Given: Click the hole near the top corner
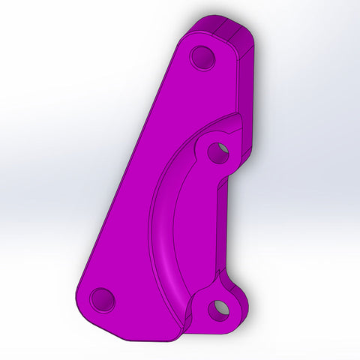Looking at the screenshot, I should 202,58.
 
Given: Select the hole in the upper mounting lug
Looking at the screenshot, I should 218,152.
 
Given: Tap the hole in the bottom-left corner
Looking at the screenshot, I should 103,300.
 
